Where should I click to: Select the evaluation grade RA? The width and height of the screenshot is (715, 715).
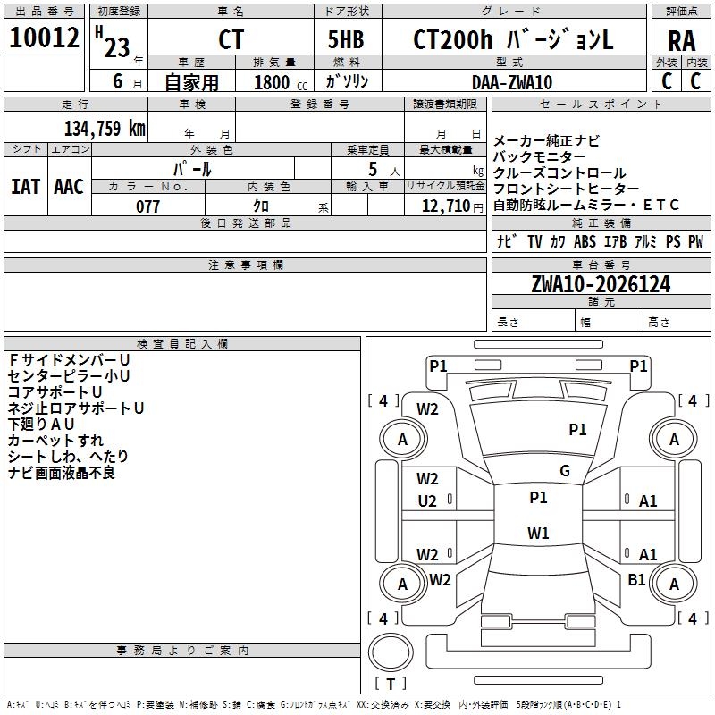(x=681, y=41)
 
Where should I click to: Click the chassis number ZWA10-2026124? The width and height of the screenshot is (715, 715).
(x=600, y=284)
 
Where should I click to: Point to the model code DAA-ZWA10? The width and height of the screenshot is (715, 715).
(x=512, y=81)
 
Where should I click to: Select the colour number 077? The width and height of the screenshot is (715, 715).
(x=147, y=206)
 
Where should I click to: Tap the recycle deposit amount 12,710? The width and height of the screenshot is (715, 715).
(x=444, y=206)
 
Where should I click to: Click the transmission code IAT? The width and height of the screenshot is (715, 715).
(x=25, y=186)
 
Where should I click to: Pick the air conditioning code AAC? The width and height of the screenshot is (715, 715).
(x=68, y=186)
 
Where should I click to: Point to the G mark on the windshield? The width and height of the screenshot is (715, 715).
(x=565, y=471)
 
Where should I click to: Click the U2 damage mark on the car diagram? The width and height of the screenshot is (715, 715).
(x=427, y=501)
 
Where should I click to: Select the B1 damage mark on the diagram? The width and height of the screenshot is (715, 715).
(x=636, y=580)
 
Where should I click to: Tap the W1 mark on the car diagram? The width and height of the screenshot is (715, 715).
(x=537, y=534)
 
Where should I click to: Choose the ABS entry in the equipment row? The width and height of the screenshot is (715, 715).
(x=585, y=241)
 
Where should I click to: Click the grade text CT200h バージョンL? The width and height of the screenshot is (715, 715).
(x=513, y=40)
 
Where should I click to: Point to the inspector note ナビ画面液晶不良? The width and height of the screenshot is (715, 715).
(x=62, y=473)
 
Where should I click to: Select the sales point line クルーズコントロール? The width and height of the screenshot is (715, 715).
(x=559, y=172)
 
